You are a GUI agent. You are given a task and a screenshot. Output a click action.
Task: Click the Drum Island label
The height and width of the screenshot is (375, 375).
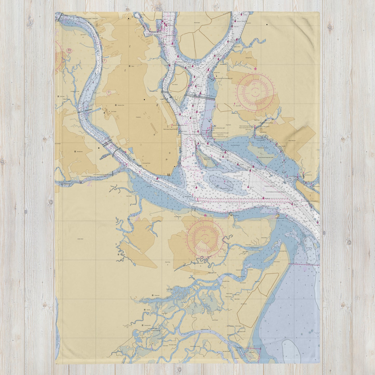(175, 85)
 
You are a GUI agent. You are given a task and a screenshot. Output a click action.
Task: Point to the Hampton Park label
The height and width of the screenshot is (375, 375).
(119, 105)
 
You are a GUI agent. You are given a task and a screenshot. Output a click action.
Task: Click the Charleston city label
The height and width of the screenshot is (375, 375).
(138, 117)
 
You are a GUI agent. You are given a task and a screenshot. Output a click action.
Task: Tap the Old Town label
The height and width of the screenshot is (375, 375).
(62, 97)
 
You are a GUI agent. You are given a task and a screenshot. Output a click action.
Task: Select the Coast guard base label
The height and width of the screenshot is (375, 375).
(147, 163)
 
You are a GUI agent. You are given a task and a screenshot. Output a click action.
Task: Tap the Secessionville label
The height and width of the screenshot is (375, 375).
(148, 325)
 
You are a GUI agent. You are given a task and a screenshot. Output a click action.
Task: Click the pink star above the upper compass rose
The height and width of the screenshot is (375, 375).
(255, 69)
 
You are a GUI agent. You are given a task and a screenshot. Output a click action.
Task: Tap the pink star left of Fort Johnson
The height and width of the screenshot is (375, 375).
(206, 215)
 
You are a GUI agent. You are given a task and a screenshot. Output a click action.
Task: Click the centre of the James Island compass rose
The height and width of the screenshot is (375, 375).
(205, 237)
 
